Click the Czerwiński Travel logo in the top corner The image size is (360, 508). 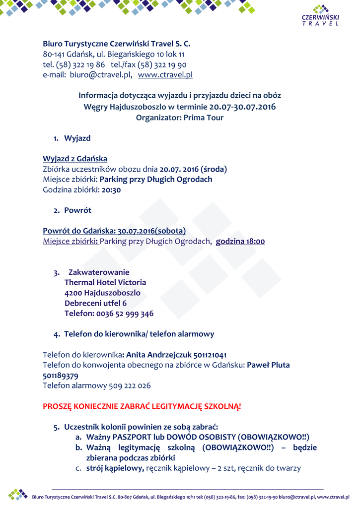[x=320, y=15]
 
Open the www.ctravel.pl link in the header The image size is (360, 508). [x=165, y=75]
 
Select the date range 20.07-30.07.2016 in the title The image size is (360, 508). [x=242, y=107]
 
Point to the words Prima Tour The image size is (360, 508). [x=204, y=118]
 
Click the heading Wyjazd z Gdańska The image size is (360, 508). [x=75, y=159]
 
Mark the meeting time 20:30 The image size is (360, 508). [x=111, y=190]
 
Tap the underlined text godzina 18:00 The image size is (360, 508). [x=240, y=242]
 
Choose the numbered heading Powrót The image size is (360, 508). [x=77, y=210]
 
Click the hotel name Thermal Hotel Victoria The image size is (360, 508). [x=105, y=282]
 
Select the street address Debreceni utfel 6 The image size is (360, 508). [x=95, y=303]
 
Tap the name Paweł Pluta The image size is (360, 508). [x=268, y=365]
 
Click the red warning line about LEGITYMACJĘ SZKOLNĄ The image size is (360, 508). [x=142, y=406]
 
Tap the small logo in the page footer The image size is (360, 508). [x=18, y=494]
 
